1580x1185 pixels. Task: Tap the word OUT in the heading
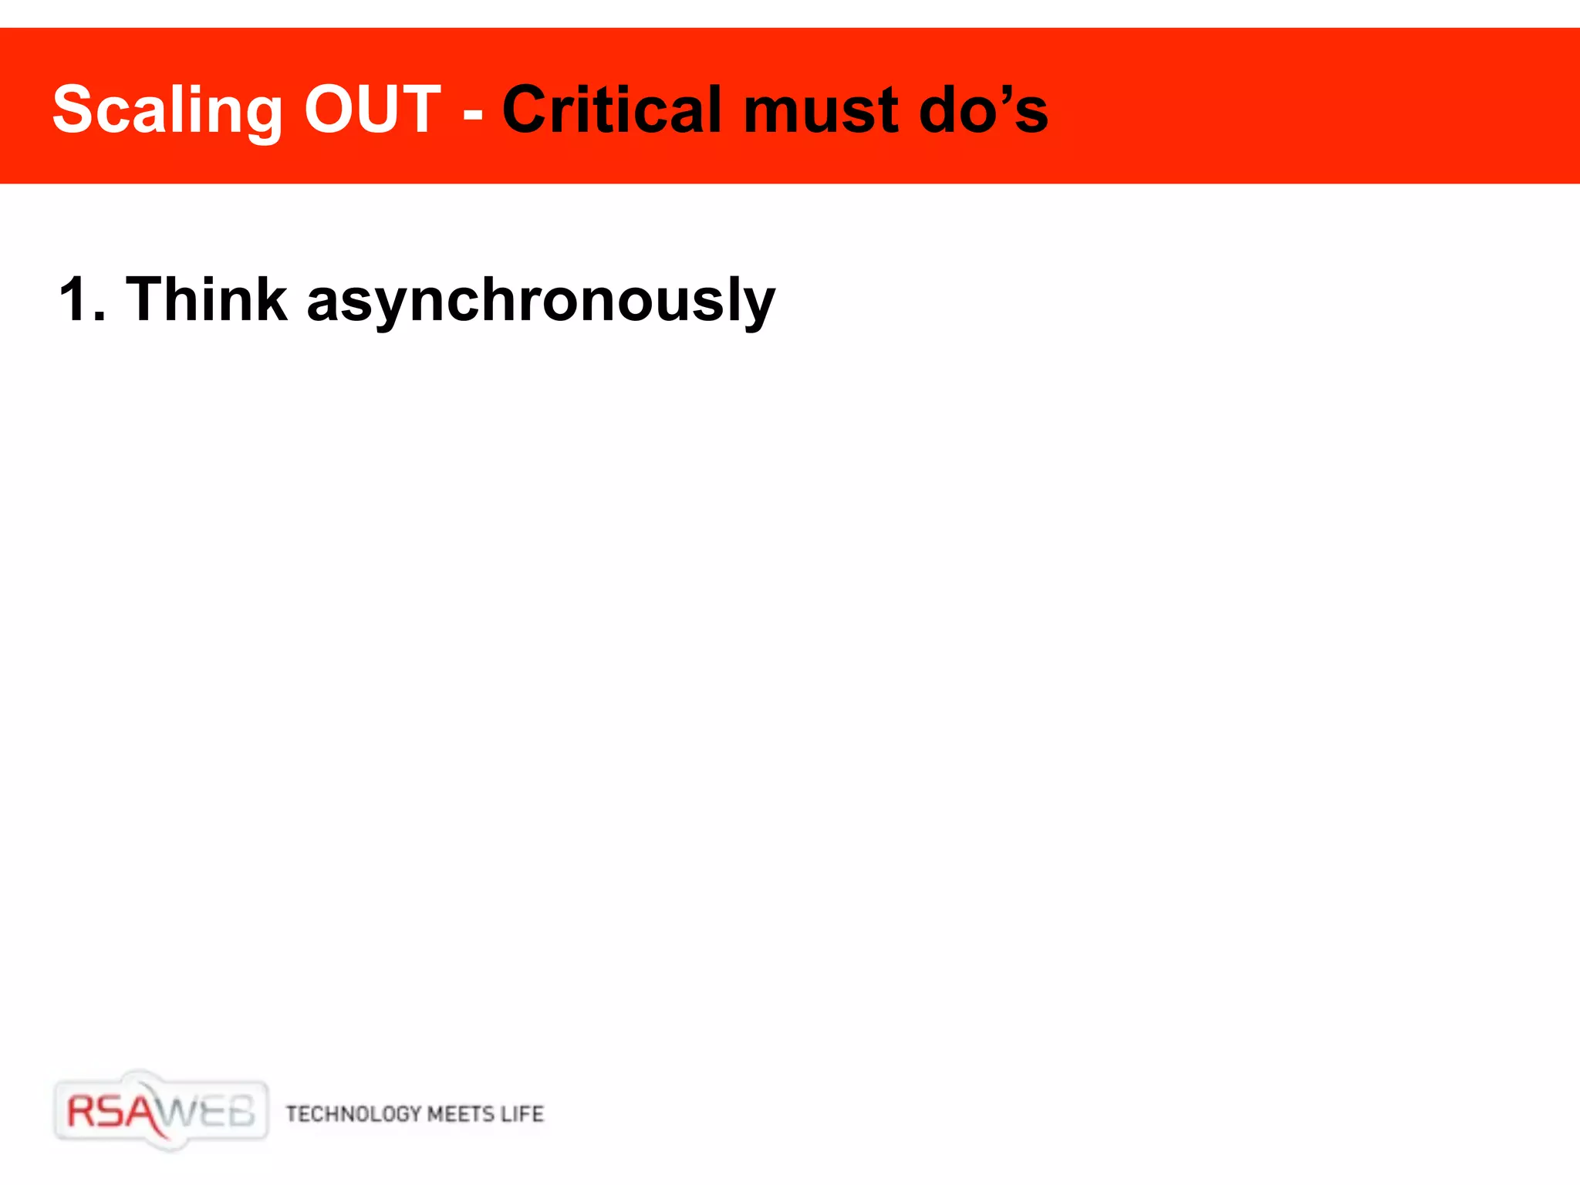(x=372, y=110)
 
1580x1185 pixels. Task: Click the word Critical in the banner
(x=614, y=110)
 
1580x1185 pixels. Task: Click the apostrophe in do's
(x=1006, y=91)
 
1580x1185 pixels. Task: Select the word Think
(x=206, y=299)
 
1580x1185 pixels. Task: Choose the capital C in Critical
(x=528, y=110)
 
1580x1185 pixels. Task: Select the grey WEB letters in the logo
(x=208, y=1112)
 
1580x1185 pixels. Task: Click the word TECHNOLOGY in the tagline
(x=353, y=1114)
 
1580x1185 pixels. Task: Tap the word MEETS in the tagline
(x=461, y=1114)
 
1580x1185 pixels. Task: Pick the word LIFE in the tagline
(x=522, y=1114)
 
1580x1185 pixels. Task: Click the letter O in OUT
(x=330, y=110)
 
